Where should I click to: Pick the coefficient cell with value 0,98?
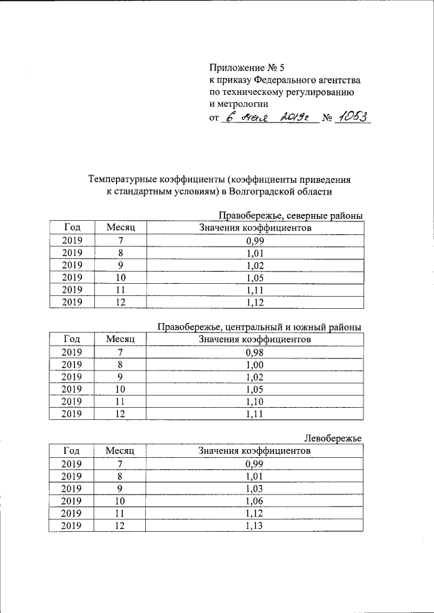point(254,352)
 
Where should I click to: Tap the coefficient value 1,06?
point(254,501)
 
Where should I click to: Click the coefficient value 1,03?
point(254,488)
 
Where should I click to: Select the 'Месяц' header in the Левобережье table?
point(121,450)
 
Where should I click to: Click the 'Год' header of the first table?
point(72,228)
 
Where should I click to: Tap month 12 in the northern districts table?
point(121,302)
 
